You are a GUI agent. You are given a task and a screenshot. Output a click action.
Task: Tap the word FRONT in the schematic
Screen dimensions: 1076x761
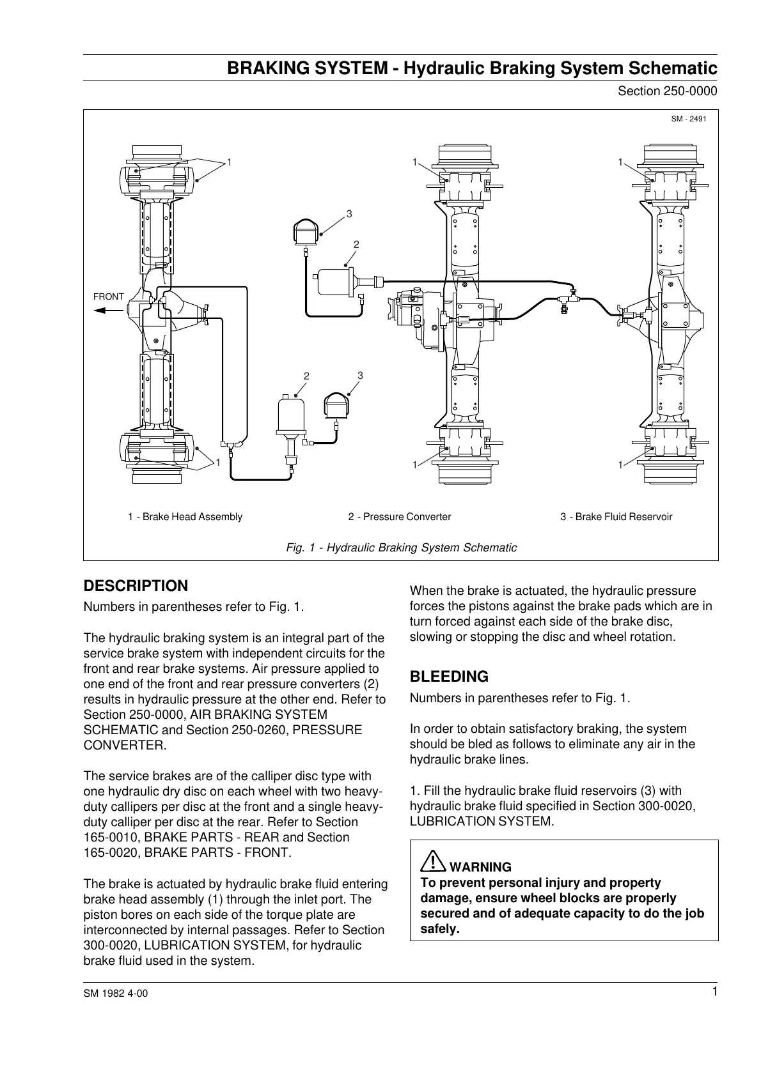(x=109, y=296)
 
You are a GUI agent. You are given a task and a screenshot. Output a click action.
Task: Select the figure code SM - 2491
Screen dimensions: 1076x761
(x=689, y=119)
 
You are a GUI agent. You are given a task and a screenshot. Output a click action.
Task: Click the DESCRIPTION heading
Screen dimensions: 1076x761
(x=136, y=586)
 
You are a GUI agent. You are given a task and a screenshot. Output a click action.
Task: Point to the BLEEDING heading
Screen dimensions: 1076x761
(x=449, y=677)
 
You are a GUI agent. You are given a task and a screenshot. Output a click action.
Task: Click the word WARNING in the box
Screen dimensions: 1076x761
(x=480, y=867)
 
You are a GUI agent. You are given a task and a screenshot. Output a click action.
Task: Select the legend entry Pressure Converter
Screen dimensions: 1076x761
(x=400, y=517)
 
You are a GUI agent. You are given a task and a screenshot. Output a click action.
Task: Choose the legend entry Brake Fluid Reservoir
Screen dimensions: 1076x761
(x=616, y=517)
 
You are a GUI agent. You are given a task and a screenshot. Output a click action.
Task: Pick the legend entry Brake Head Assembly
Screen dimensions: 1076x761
(x=185, y=517)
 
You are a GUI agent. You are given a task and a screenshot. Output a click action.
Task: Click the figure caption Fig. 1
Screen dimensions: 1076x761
(x=400, y=548)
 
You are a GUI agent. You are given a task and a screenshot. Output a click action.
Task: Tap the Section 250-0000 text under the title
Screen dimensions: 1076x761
(x=667, y=91)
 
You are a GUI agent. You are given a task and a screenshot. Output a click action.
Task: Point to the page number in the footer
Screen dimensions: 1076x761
(x=714, y=991)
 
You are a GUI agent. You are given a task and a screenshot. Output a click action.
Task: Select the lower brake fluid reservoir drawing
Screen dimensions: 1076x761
(x=337, y=406)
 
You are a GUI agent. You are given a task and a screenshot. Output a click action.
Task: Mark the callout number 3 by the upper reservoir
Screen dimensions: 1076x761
(x=349, y=213)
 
